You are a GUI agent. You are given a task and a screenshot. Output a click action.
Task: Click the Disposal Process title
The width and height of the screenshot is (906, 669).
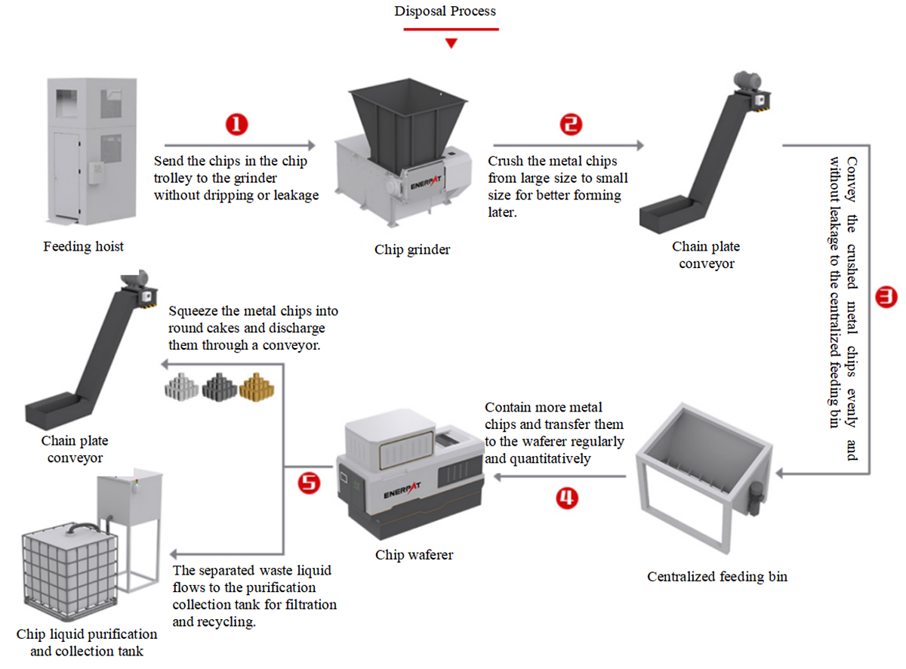pyautogui.click(x=445, y=11)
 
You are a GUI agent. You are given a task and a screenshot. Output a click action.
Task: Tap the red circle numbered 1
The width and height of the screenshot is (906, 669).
pyautogui.click(x=237, y=125)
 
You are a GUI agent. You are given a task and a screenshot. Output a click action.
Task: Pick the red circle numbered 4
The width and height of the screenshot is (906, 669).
pyautogui.click(x=567, y=498)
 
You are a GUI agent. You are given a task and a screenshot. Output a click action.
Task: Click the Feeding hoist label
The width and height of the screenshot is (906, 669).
pyautogui.click(x=84, y=246)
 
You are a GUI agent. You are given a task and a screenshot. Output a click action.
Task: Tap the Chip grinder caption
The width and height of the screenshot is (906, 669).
pyautogui.click(x=412, y=249)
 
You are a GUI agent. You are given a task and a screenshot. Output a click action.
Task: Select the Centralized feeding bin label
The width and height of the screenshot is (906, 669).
pyautogui.click(x=716, y=577)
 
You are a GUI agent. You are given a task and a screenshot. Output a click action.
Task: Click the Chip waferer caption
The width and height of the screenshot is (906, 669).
pyautogui.click(x=414, y=554)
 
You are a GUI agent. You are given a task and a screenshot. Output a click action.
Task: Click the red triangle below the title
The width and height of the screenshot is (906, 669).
pyautogui.click(x=451, y=44)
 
